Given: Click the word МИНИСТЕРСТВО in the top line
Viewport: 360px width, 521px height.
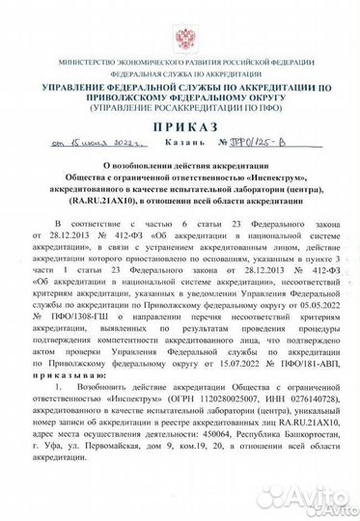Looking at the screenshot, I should click(68, 63).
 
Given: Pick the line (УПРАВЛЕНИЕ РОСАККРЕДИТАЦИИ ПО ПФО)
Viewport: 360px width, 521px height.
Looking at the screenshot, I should click(180, 107).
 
